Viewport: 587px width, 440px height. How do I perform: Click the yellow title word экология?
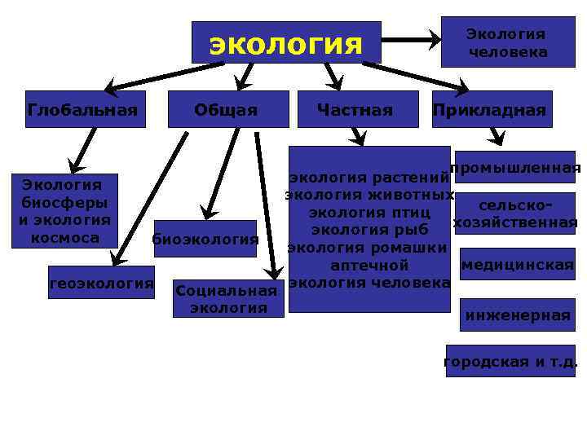(285, 43)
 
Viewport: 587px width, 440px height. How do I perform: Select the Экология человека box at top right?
(507, 42)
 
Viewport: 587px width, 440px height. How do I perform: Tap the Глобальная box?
(82, 110)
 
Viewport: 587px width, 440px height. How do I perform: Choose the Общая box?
(227, 110)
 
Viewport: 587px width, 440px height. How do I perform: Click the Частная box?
(355, 110)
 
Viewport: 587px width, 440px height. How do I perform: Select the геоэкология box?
(101, 283)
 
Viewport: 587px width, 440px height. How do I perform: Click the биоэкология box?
(205, 239)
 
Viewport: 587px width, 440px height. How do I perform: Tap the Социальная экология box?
(227, 299)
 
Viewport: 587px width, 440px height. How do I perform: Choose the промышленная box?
(515, 169)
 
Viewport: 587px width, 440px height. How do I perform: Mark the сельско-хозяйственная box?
(515, 214)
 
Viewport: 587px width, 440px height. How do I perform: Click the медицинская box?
(517, 264)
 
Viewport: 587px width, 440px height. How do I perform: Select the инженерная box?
(517, 315)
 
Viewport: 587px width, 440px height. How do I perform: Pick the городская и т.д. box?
(510, 361)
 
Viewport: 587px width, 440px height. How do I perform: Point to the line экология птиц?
(369, 213)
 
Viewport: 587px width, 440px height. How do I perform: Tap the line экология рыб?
(369, 230)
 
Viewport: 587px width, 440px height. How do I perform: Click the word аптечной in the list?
(369, 265)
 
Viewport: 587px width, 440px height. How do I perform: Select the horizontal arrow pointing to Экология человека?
(411, 38)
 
